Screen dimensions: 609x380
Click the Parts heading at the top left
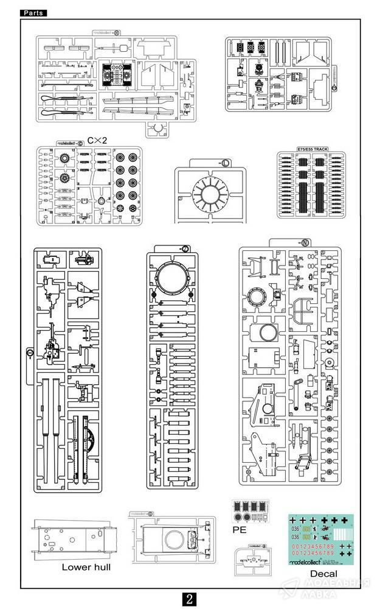[33, 13]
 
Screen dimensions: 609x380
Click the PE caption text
[241, 530]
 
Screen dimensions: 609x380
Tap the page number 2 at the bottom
[190, 598]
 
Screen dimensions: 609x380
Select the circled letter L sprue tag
[225, 163]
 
